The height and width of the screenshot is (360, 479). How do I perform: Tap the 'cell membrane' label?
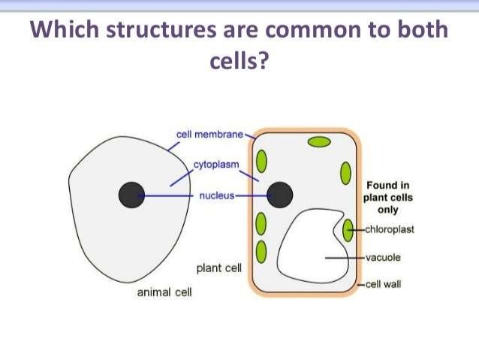210,135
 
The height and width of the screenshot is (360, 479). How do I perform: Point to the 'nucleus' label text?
217,195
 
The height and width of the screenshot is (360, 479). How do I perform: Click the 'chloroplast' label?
390,230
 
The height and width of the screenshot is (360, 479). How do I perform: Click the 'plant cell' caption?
218,268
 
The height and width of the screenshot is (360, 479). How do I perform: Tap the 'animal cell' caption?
164,292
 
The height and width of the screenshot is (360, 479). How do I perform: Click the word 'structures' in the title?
152,32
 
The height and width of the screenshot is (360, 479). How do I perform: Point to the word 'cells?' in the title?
239,61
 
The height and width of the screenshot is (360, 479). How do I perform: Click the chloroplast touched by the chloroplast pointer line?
348,230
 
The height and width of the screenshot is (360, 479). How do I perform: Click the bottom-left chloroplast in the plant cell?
261,250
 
